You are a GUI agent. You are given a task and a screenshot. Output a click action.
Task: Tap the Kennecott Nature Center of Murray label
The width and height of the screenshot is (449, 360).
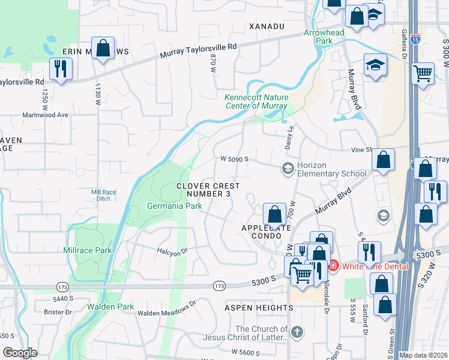pos(256,102)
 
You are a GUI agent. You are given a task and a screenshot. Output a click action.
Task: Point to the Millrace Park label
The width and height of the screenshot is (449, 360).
pos(88,250)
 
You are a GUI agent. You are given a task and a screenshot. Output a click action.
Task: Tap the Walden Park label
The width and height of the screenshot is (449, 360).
pos(110,307)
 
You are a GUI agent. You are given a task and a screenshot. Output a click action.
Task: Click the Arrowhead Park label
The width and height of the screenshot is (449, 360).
pos(318,37)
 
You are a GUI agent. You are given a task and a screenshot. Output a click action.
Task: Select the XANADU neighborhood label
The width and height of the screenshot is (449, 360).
pos(267,27)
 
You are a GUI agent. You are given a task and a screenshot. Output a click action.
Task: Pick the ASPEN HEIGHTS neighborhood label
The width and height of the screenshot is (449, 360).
pos(259,308)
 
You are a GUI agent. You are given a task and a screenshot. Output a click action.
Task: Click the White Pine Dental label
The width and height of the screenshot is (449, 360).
pos(375,266)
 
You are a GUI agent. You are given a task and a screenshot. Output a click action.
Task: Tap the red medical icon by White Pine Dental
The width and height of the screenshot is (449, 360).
pos(333,265)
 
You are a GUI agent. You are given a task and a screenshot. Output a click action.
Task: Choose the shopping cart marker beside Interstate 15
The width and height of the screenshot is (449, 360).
pos(423,74)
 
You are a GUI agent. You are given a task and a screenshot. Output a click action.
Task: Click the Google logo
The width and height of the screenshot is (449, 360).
pos(20,353)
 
